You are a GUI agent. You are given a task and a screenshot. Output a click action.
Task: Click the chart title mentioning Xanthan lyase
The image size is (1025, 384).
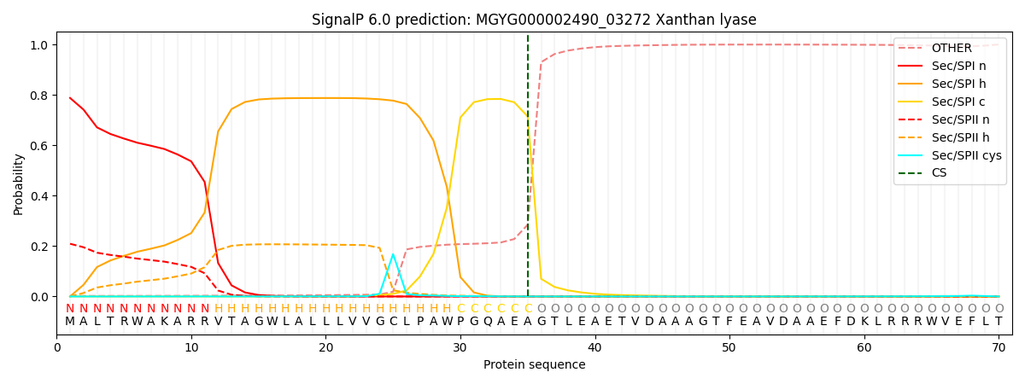pyautogui.click(x=534, y=20)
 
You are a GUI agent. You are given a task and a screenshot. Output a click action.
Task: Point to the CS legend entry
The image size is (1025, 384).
pyautogui.click(x=939, y=173)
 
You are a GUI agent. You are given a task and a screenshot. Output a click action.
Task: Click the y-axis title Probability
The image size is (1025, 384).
pyautogui.click(x=19, y=184)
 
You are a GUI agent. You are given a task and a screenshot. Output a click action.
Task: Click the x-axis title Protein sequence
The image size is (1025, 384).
pyautogui.click(x=534, y=365)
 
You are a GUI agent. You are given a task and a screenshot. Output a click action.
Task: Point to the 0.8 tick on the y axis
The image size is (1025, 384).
pyautogui.click(x=40, y=96)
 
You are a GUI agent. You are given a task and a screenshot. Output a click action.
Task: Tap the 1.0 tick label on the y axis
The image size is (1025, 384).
pyautogui.click(x=40, y=45)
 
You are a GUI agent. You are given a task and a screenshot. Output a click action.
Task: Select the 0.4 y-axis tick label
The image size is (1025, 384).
pyautogui.click(x=40, y=196)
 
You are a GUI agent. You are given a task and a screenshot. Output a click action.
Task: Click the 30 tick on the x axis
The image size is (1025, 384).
pyautogui.click(x=460, y=348)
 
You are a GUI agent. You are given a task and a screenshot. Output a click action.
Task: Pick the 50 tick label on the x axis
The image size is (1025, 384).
pyautogui.click(x=729, y=348)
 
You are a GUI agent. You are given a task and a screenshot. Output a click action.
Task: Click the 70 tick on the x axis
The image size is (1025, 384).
pyautogui.click(x=998, y=348)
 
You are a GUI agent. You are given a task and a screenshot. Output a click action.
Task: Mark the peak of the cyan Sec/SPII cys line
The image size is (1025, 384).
pyautogui.click(x=393, y=254)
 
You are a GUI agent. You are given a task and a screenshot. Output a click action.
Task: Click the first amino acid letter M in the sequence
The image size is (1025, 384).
pyautogui.click(x=70, y=322)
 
